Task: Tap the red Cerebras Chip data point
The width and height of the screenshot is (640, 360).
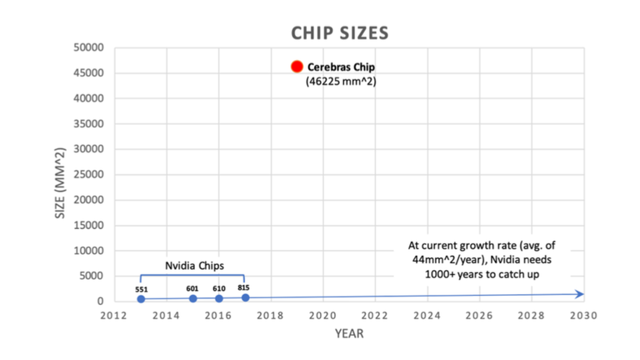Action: pyautogui.click(x=297, y=67)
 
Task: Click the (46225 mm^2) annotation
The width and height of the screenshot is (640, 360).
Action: pyautogui.click(x=342, y=82)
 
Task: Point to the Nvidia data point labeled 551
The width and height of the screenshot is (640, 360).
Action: pyautogui.click(x=141, y=298)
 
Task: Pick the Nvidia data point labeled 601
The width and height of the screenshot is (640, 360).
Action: pyautogui.click(x=192, y=297)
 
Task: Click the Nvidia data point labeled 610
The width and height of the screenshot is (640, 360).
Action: pyautogui.click(x=219, y=297)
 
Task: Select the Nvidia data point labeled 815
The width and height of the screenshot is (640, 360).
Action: pyautogui.click(x=245, y=297)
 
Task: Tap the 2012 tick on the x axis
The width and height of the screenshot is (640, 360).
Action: pyautogui.click(x=114, y=316)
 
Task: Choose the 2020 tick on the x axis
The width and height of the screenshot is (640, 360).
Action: pyautogui.click(x=322, y=316)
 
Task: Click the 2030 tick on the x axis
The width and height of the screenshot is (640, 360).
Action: pyautogui.click(x=583, y=316)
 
